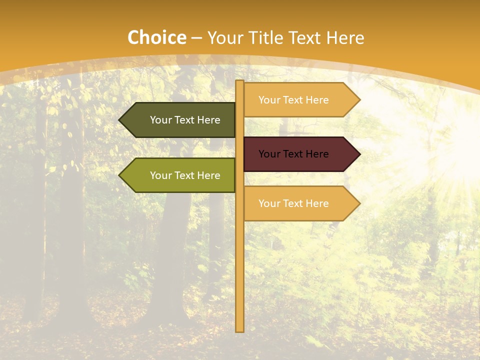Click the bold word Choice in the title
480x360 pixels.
point(156,38)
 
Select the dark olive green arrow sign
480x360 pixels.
point(180,120)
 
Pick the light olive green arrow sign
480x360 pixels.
point(180,175)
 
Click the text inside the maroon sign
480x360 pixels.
point(293,154)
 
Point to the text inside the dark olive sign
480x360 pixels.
point(185,120)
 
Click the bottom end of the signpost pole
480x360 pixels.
point(240,329)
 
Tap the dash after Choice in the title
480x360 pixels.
point(196,38)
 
